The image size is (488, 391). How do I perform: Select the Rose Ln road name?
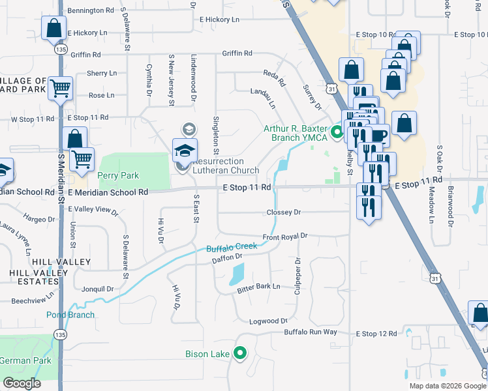(x=101, y=95)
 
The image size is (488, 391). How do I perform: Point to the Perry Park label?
(x=118, y=175)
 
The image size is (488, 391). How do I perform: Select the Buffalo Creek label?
(x=232, y=248)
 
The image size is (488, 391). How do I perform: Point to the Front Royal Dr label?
(x=284, y=237)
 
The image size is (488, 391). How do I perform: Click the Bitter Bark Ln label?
(x=258, y=286)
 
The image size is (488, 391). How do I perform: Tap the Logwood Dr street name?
(x=268, y=321)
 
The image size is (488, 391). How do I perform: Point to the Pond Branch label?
(x=70, y=315)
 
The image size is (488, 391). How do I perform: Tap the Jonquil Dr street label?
(x=98, y=289)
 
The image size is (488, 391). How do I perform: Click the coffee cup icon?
(x=380, y=136)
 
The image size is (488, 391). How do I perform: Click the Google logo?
(x=22, y=383)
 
